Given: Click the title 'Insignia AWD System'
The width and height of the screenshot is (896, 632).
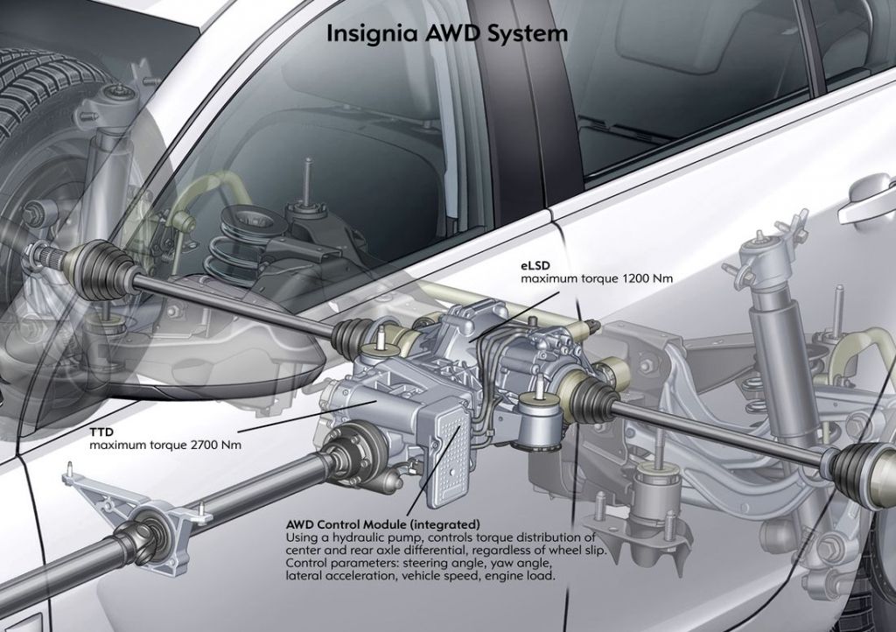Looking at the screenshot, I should point(447,33).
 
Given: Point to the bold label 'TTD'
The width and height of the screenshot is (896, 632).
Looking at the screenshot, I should point(101,432).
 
